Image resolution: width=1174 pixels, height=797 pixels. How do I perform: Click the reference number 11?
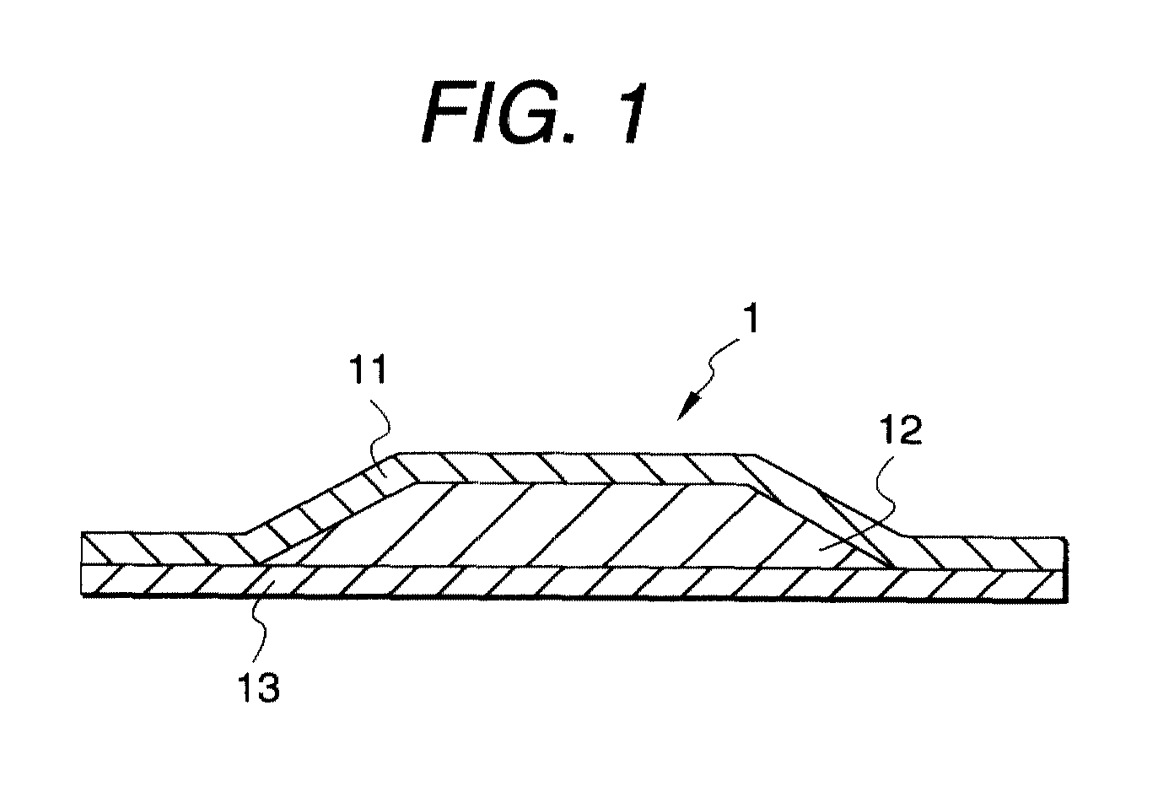[x=369, y=369]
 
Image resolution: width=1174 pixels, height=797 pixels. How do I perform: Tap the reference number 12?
[x=900, y=430]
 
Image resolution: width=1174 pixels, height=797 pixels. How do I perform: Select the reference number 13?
[x=259, y=687]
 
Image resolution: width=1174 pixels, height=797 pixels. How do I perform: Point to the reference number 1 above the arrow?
[x=752, y=319]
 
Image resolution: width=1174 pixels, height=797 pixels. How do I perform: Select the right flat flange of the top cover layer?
[x=980, y=552]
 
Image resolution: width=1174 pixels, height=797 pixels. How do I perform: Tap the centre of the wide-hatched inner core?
[x=577, y=524]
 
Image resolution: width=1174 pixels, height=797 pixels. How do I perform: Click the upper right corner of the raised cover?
[x=755, y=455]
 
